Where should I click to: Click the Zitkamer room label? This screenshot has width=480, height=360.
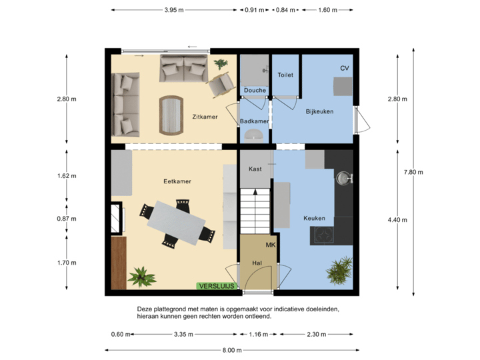tap(205, 117)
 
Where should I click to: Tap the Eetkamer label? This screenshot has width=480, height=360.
tap(177, 181)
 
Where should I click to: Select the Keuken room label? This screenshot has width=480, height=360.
tap(314, 218)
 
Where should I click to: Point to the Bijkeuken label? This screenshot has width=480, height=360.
tap(319, 111)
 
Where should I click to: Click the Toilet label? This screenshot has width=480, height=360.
tap(285, 75)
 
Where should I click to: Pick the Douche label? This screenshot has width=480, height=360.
tap(255, 90)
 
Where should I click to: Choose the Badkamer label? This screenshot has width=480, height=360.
tap(254, 121)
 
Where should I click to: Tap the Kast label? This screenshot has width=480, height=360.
tap(255, 169)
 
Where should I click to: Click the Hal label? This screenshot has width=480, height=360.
tap(257, 263)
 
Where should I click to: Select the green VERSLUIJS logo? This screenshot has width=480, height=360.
tap(217, 285)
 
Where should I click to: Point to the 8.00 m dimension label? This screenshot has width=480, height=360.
tap(228, 351)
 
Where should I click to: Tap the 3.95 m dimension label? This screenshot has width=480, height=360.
tap(173, 10)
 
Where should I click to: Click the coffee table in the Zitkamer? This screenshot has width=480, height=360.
tap(171, 115)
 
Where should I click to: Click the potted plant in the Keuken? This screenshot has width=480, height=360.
tap(339, 269)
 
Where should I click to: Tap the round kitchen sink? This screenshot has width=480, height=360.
tap(344, 178)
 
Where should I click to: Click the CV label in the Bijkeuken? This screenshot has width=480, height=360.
tap(344, 69)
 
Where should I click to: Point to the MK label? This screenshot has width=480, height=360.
tap(271, 245)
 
